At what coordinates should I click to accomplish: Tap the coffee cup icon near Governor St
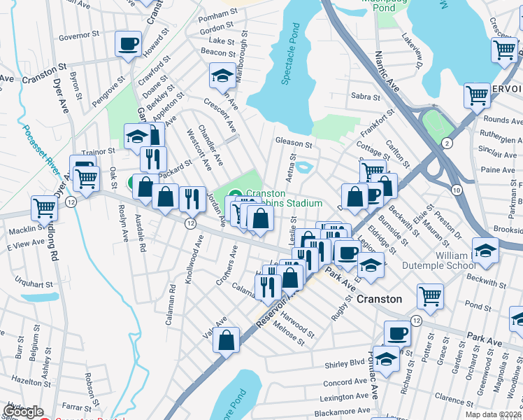point(128,44)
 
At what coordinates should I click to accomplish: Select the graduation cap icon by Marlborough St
point(222,74)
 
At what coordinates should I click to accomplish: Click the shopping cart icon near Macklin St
point(44,207)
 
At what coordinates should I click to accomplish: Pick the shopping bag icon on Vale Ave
point(227,341)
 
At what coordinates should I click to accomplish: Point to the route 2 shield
point(447,143)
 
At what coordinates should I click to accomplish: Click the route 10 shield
point(456,190)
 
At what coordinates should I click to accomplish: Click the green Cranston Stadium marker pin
point(236,194)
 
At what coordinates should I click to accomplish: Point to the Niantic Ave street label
point(386,71)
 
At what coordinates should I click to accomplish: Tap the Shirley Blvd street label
point(345,364)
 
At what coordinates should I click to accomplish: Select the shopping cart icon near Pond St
point(430,295)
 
